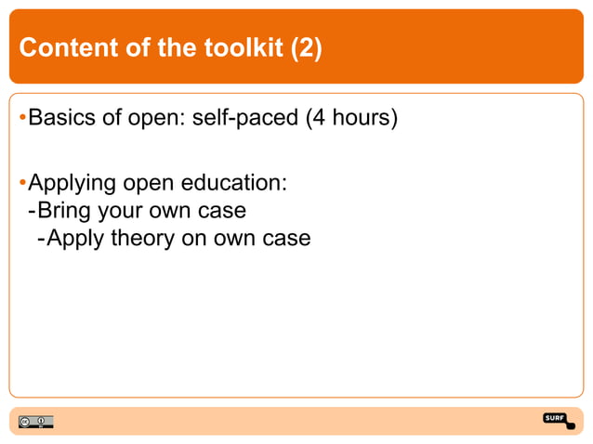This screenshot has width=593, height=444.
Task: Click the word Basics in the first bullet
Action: tap(59, 119)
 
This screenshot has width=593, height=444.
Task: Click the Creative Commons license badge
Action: tap(33, 422)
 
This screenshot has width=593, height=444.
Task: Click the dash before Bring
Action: tap(33, 210)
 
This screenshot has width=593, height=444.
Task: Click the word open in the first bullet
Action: tap(157, 119)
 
